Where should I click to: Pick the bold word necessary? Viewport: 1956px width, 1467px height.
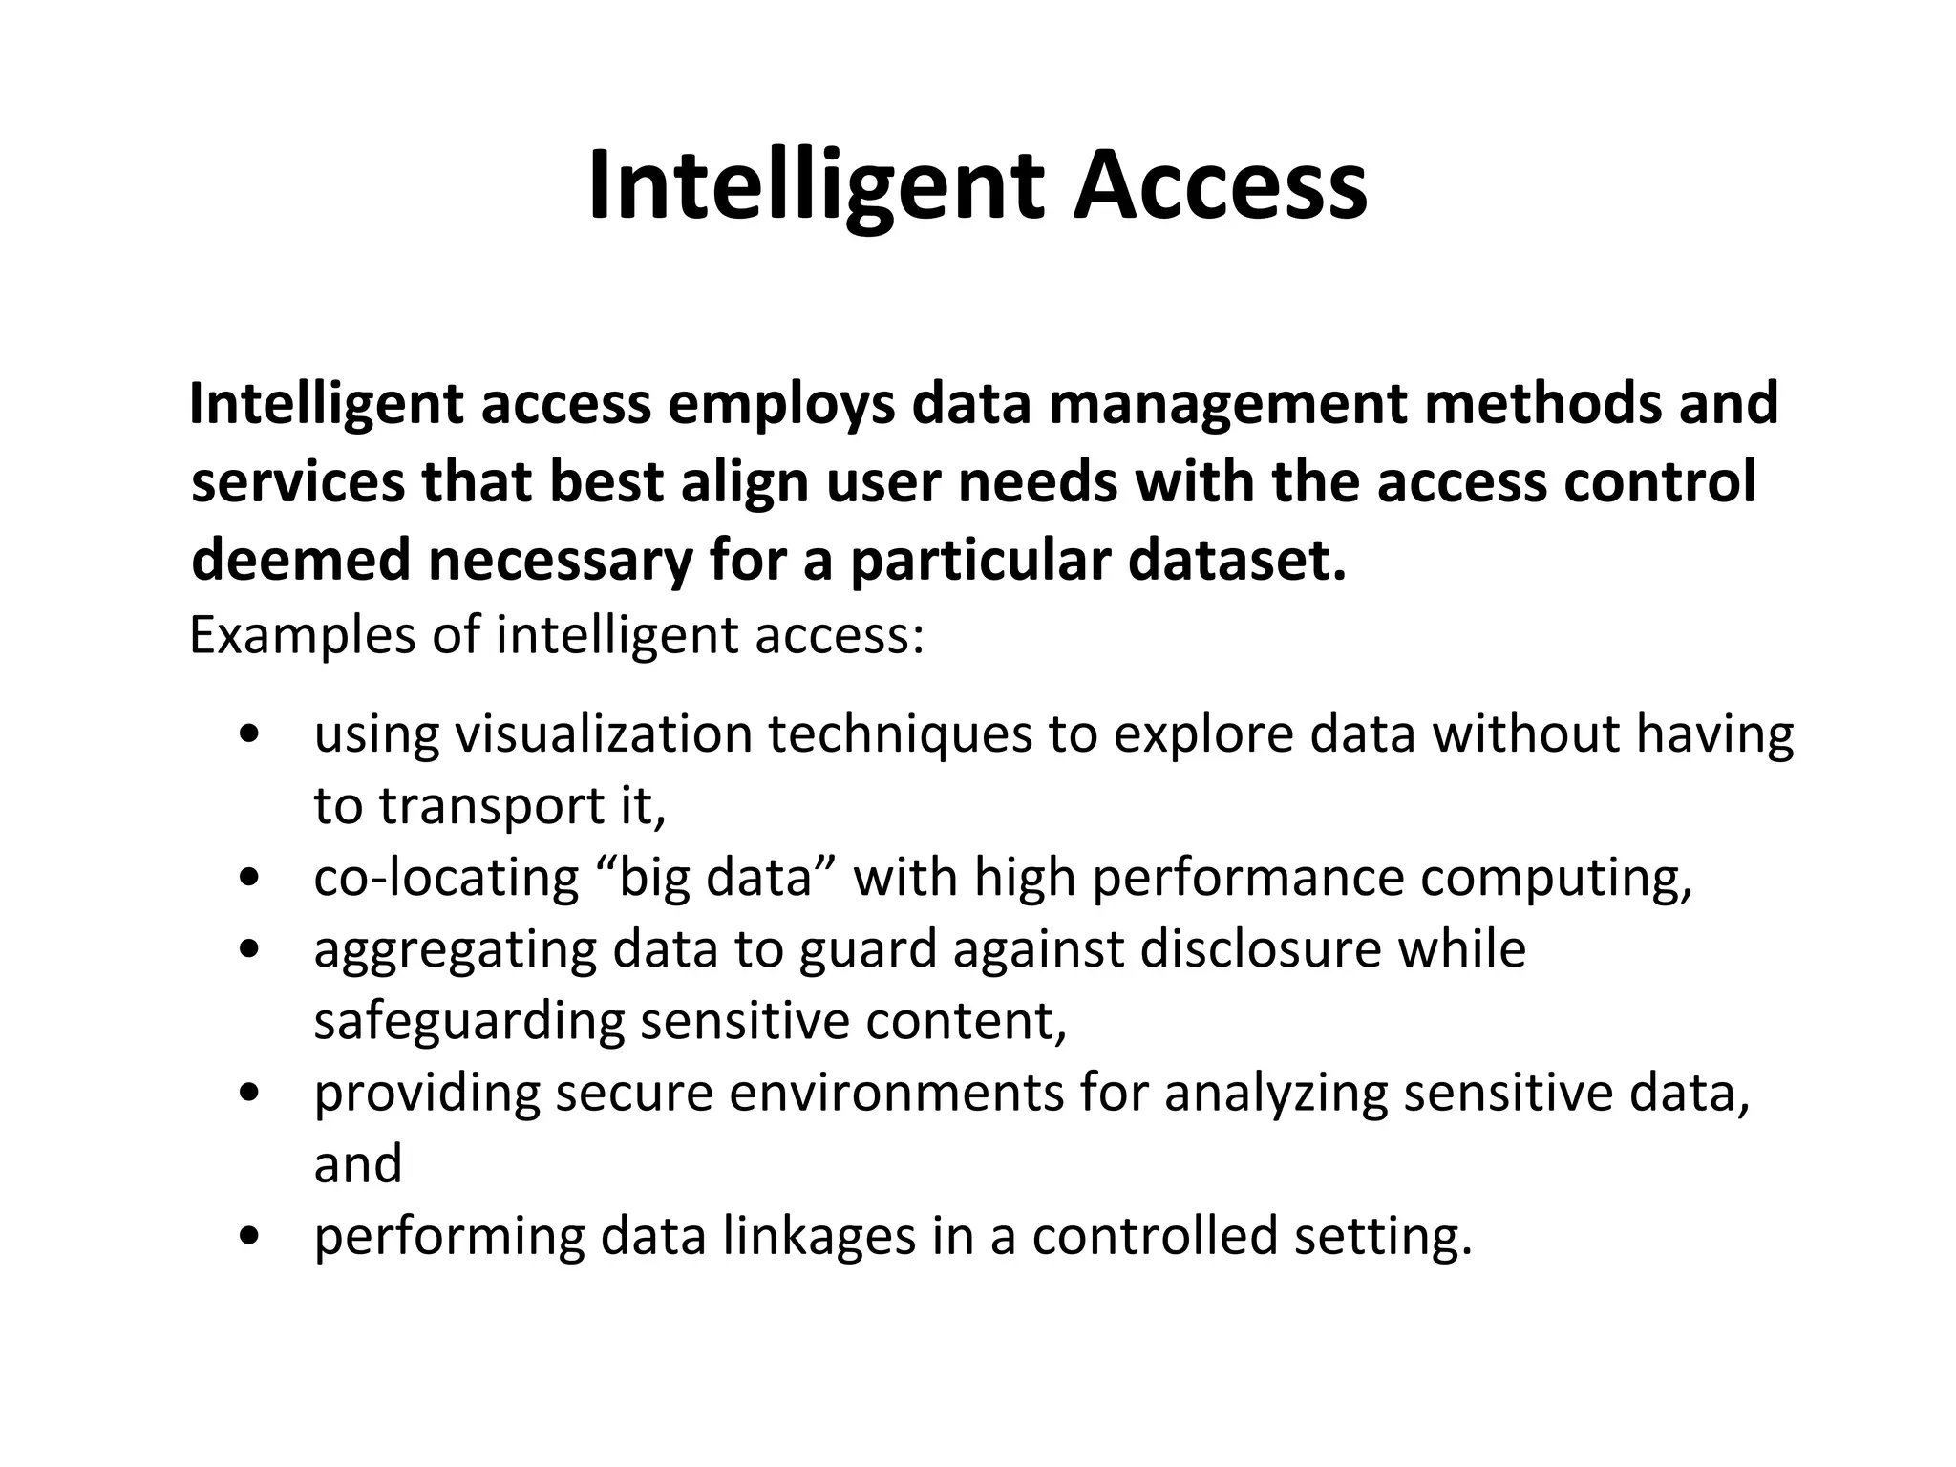[560, 561]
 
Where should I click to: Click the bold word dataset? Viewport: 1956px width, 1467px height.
[1237, 561]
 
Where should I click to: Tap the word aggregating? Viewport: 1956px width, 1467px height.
[456, 948]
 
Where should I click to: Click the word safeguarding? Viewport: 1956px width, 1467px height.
[469, 1020]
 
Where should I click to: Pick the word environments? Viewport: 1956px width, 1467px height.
[897, 1092]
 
